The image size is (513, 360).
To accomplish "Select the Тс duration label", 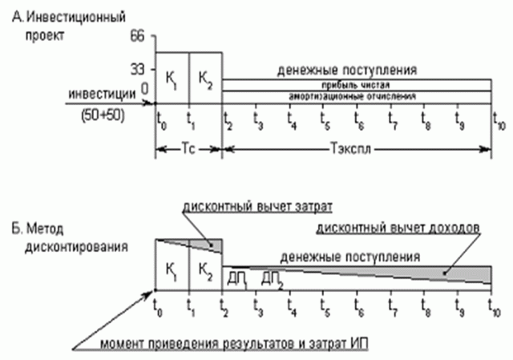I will coord(188,148).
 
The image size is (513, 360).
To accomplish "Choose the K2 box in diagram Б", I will coord(205,269).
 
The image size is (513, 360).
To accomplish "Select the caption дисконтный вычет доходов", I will coord(398,228).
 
